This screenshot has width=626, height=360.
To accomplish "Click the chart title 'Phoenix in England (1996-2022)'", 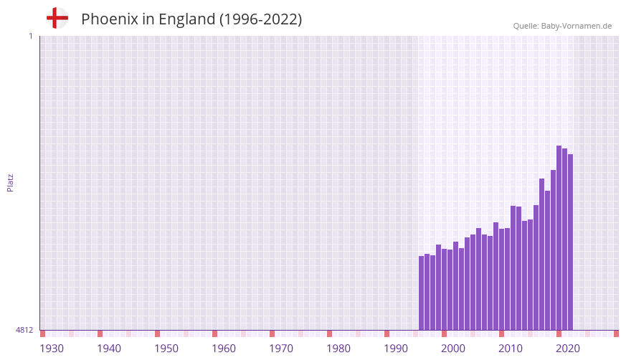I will coord(191,19).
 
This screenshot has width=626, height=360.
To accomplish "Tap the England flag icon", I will coord(57,19).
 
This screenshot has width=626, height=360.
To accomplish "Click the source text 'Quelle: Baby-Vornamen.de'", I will coord(562,26).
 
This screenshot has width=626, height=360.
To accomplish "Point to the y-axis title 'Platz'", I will coord(10,182).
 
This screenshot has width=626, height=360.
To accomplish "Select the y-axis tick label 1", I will coord(30,36).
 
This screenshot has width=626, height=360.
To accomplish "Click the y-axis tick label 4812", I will coord(24,330).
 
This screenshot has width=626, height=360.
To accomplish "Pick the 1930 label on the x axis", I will coord(52,349).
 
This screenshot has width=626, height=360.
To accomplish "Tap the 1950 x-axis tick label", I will coord(166,349).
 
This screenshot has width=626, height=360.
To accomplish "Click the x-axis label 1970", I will coord(281,349).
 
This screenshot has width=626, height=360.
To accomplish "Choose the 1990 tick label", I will coord(396,349).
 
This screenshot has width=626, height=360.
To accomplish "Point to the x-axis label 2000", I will coord(453,349).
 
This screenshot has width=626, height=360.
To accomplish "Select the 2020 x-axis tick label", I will coord(568,349).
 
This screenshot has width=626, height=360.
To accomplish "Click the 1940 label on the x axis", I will coord(109,349).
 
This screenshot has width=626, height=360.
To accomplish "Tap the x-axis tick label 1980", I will coord(338,349).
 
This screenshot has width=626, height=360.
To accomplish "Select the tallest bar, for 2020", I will coord(559,237).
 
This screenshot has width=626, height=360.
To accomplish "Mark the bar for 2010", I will coord(501,279).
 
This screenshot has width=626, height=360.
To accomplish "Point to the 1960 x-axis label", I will coord(224,349).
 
